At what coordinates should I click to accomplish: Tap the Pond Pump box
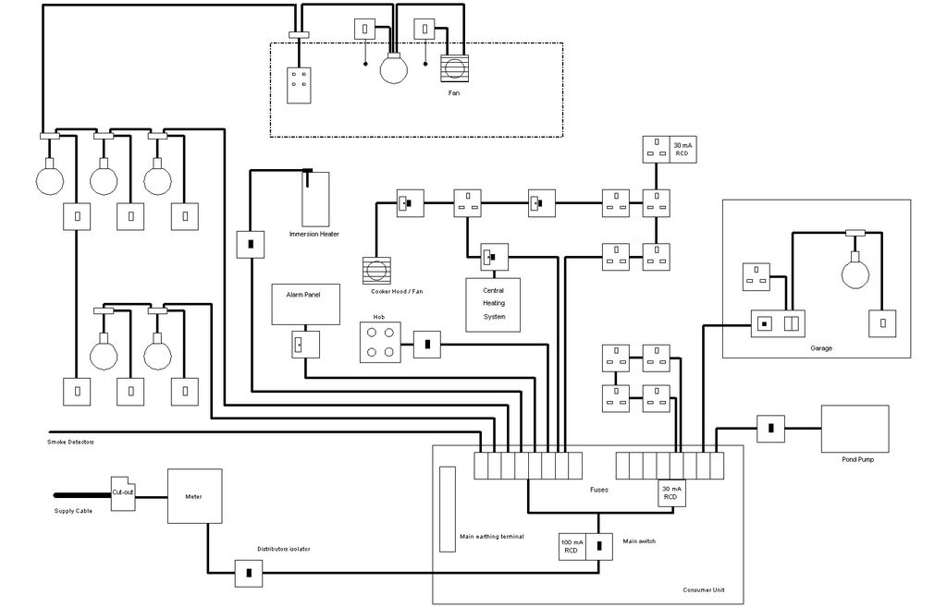(x=855, y=429)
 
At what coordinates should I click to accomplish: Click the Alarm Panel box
(x=306, y=304)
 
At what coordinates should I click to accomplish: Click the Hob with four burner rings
(x=379, y=344)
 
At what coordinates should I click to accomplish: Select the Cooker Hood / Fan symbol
(x=378, y=272)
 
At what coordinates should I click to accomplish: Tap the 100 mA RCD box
(x=572, y=546)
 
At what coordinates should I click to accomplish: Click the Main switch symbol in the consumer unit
(x=600, y=546)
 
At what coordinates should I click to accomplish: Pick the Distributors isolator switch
(x=249, y=573)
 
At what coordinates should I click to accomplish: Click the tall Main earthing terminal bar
(x=448, y=508)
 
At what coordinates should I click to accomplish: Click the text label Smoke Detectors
(x=70, y=442)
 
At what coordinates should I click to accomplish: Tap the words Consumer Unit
(x=703, y=589)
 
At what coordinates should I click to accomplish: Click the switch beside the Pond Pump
(x=771, y=428)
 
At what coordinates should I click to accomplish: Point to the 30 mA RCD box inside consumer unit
(x=670, y=492)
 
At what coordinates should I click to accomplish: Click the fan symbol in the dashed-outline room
(x=455, y=69)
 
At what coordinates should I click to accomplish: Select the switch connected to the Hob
(x=427, y=346)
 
